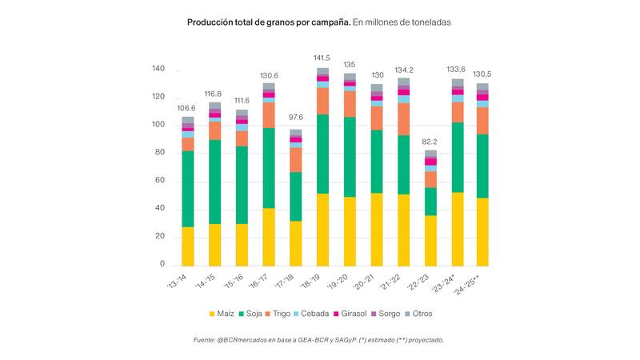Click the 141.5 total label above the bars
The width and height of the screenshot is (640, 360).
pyautogui.click(x=322, y=58)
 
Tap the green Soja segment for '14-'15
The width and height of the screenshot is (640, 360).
pyautogui.click(x=214, y=182)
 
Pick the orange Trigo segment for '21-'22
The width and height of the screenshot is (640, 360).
pyautogui.click(x=403, y=118)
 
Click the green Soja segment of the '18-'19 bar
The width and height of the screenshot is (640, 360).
pyautogui.click(x=322, y=154)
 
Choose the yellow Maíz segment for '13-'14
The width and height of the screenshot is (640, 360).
pyautogui.click(x=187, y=246)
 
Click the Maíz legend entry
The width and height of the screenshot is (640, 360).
pyautogui.click(x=224, y=314)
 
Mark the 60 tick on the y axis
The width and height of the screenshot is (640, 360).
pyautogui.click(x=159, y=181)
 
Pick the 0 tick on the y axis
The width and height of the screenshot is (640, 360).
pyautogui.click(x=162, y=265)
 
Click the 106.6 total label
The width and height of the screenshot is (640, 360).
pyautogui.click(x=187, y=108)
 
